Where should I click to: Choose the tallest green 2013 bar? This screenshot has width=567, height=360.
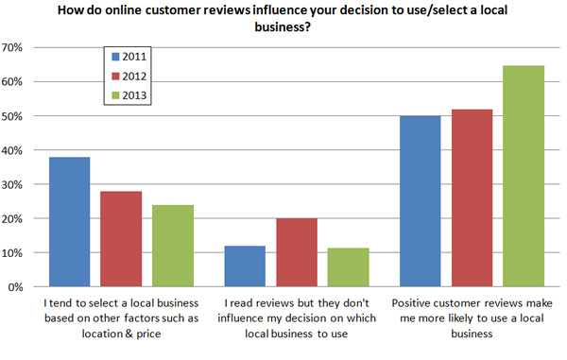pos(522,176)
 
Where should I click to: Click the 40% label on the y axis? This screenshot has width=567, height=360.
pos(18,150)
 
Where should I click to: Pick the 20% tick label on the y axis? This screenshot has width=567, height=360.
pos(18,219)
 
